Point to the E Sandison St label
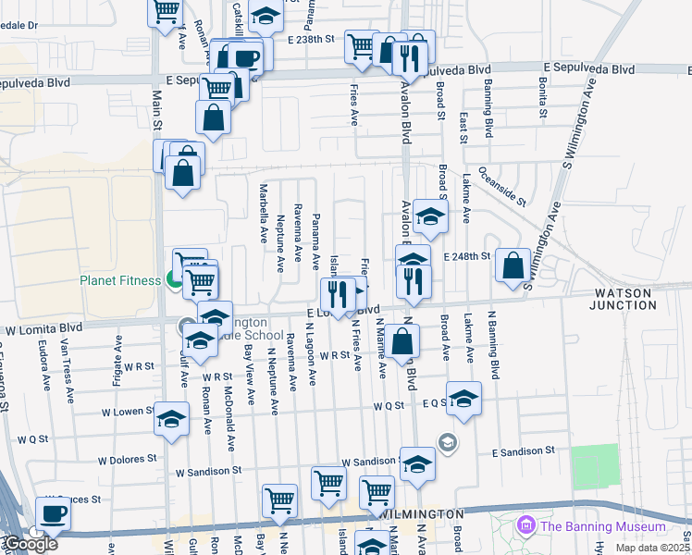click(x=523, y=450)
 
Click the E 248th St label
click(x=464, y=256)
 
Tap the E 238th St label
click(x=309, y=41)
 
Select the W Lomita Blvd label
click(x=45, y=328)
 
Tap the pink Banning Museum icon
click(x=527, y=526)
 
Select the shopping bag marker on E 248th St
click(x=513, y=265)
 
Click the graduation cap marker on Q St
click(x=463, y=399)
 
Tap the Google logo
click(x=31, y=544)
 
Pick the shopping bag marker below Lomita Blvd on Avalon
click(x=403, y=341)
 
